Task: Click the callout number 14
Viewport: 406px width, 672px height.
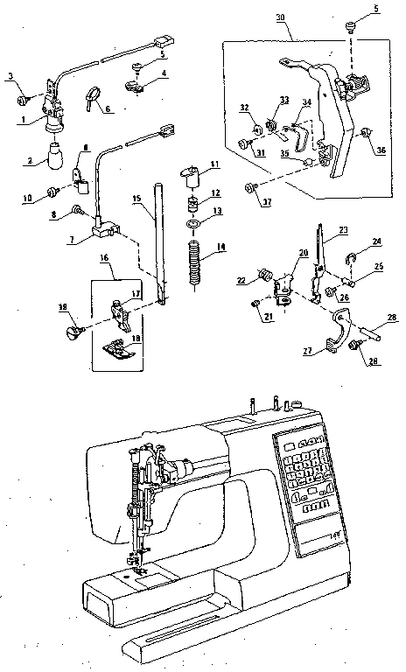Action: (x=220, y=248)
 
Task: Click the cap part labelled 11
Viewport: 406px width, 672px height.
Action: (x=192, y=176)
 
